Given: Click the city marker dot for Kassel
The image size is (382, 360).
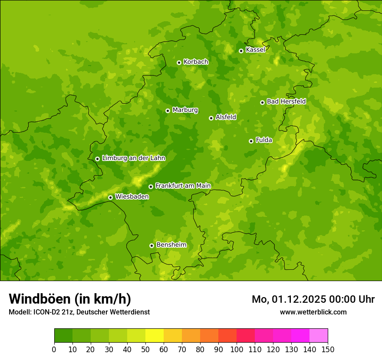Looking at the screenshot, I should [x=241, y=51].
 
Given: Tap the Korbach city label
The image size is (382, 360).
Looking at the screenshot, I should [x=196, y=62].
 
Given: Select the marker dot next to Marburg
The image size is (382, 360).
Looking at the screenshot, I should [x=168, y=111].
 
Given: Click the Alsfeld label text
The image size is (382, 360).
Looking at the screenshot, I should [x=226, y=117].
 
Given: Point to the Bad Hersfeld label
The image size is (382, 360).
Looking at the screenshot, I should [x=286, y=101].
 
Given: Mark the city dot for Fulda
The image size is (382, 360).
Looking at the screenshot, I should [x=251, y=141].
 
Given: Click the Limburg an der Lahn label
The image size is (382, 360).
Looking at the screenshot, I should [x=134, y=158].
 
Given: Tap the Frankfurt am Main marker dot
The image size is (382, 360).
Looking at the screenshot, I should [x=151, y=187].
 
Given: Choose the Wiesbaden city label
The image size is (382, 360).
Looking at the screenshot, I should [x=132, y=196].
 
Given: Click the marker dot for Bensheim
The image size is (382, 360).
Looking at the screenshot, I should [x=151, y=245].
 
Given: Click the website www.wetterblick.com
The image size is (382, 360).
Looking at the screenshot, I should [x=313, y=312].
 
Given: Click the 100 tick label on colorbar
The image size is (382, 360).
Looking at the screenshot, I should [x=237, y=349].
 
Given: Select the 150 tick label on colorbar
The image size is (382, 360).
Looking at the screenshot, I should [x=328, y=349].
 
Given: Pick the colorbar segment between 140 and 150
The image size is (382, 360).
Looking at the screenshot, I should [x=319, y=336].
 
